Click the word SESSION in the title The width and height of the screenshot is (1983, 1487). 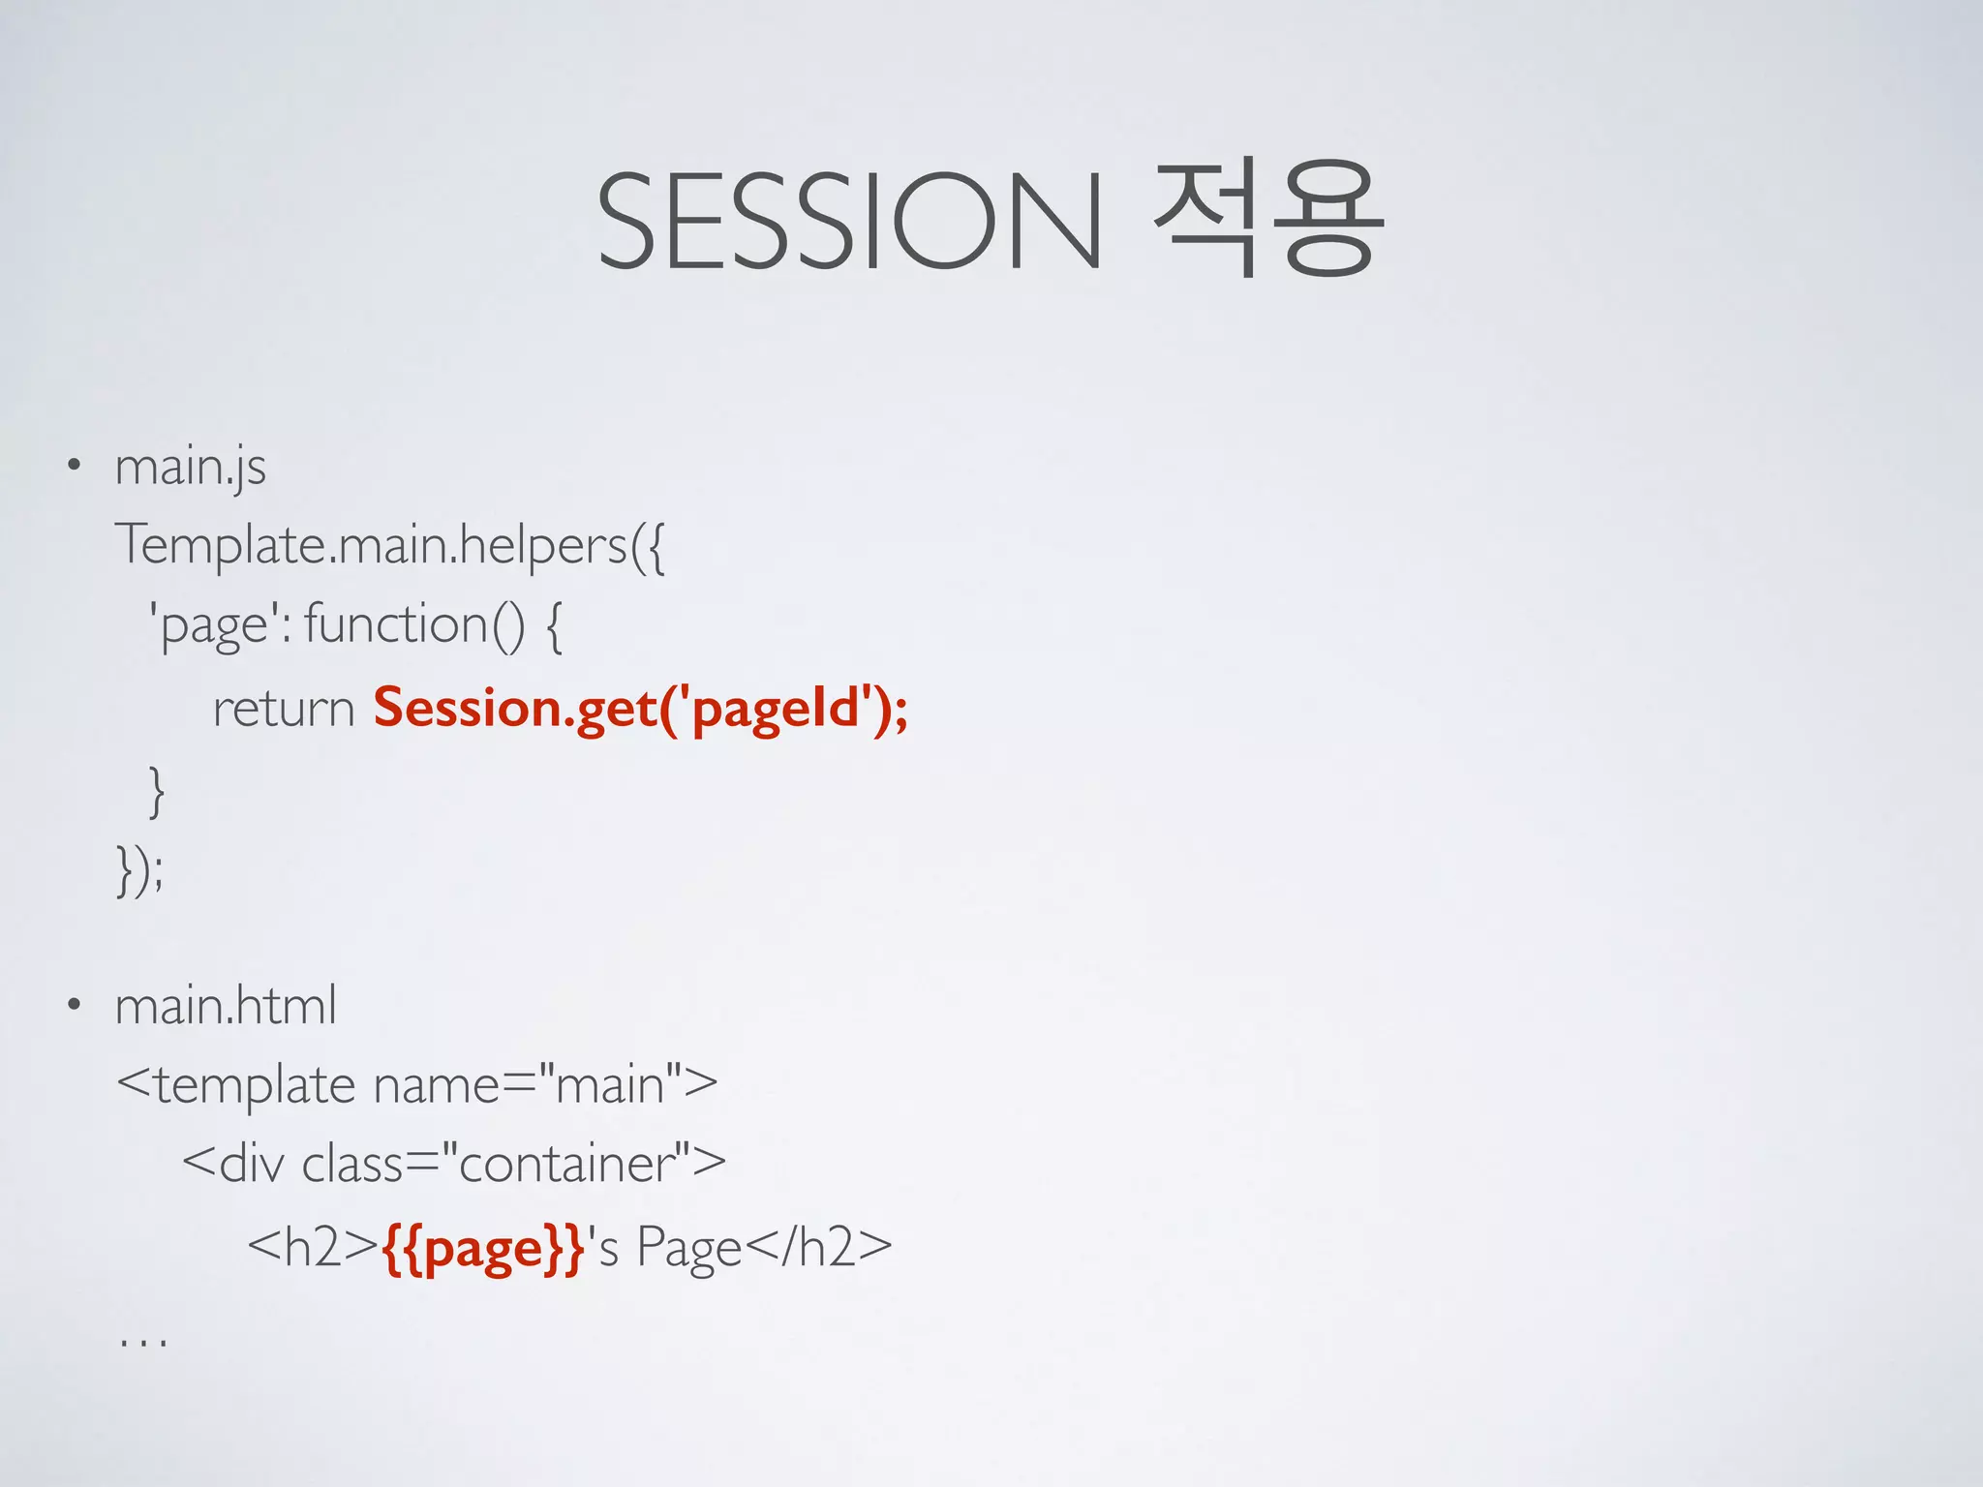pos(849,221)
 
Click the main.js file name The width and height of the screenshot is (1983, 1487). pos(190,469)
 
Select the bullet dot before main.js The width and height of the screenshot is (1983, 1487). pos(74,466)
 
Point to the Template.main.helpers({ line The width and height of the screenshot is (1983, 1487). pos(390,545)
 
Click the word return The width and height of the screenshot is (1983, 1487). pos(284,709)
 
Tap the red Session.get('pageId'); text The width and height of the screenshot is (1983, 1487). pos(640,709)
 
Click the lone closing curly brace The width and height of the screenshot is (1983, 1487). pos(156,790)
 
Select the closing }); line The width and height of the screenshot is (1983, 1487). pos(140,869)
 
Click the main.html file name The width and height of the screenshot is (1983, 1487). pos(226,1006)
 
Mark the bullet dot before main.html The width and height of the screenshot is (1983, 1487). pos(74,1005)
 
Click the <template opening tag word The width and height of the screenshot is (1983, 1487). pos(235,1085)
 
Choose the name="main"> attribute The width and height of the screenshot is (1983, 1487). pos(545,1085)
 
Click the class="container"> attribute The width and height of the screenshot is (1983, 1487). pos(513,1164)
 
